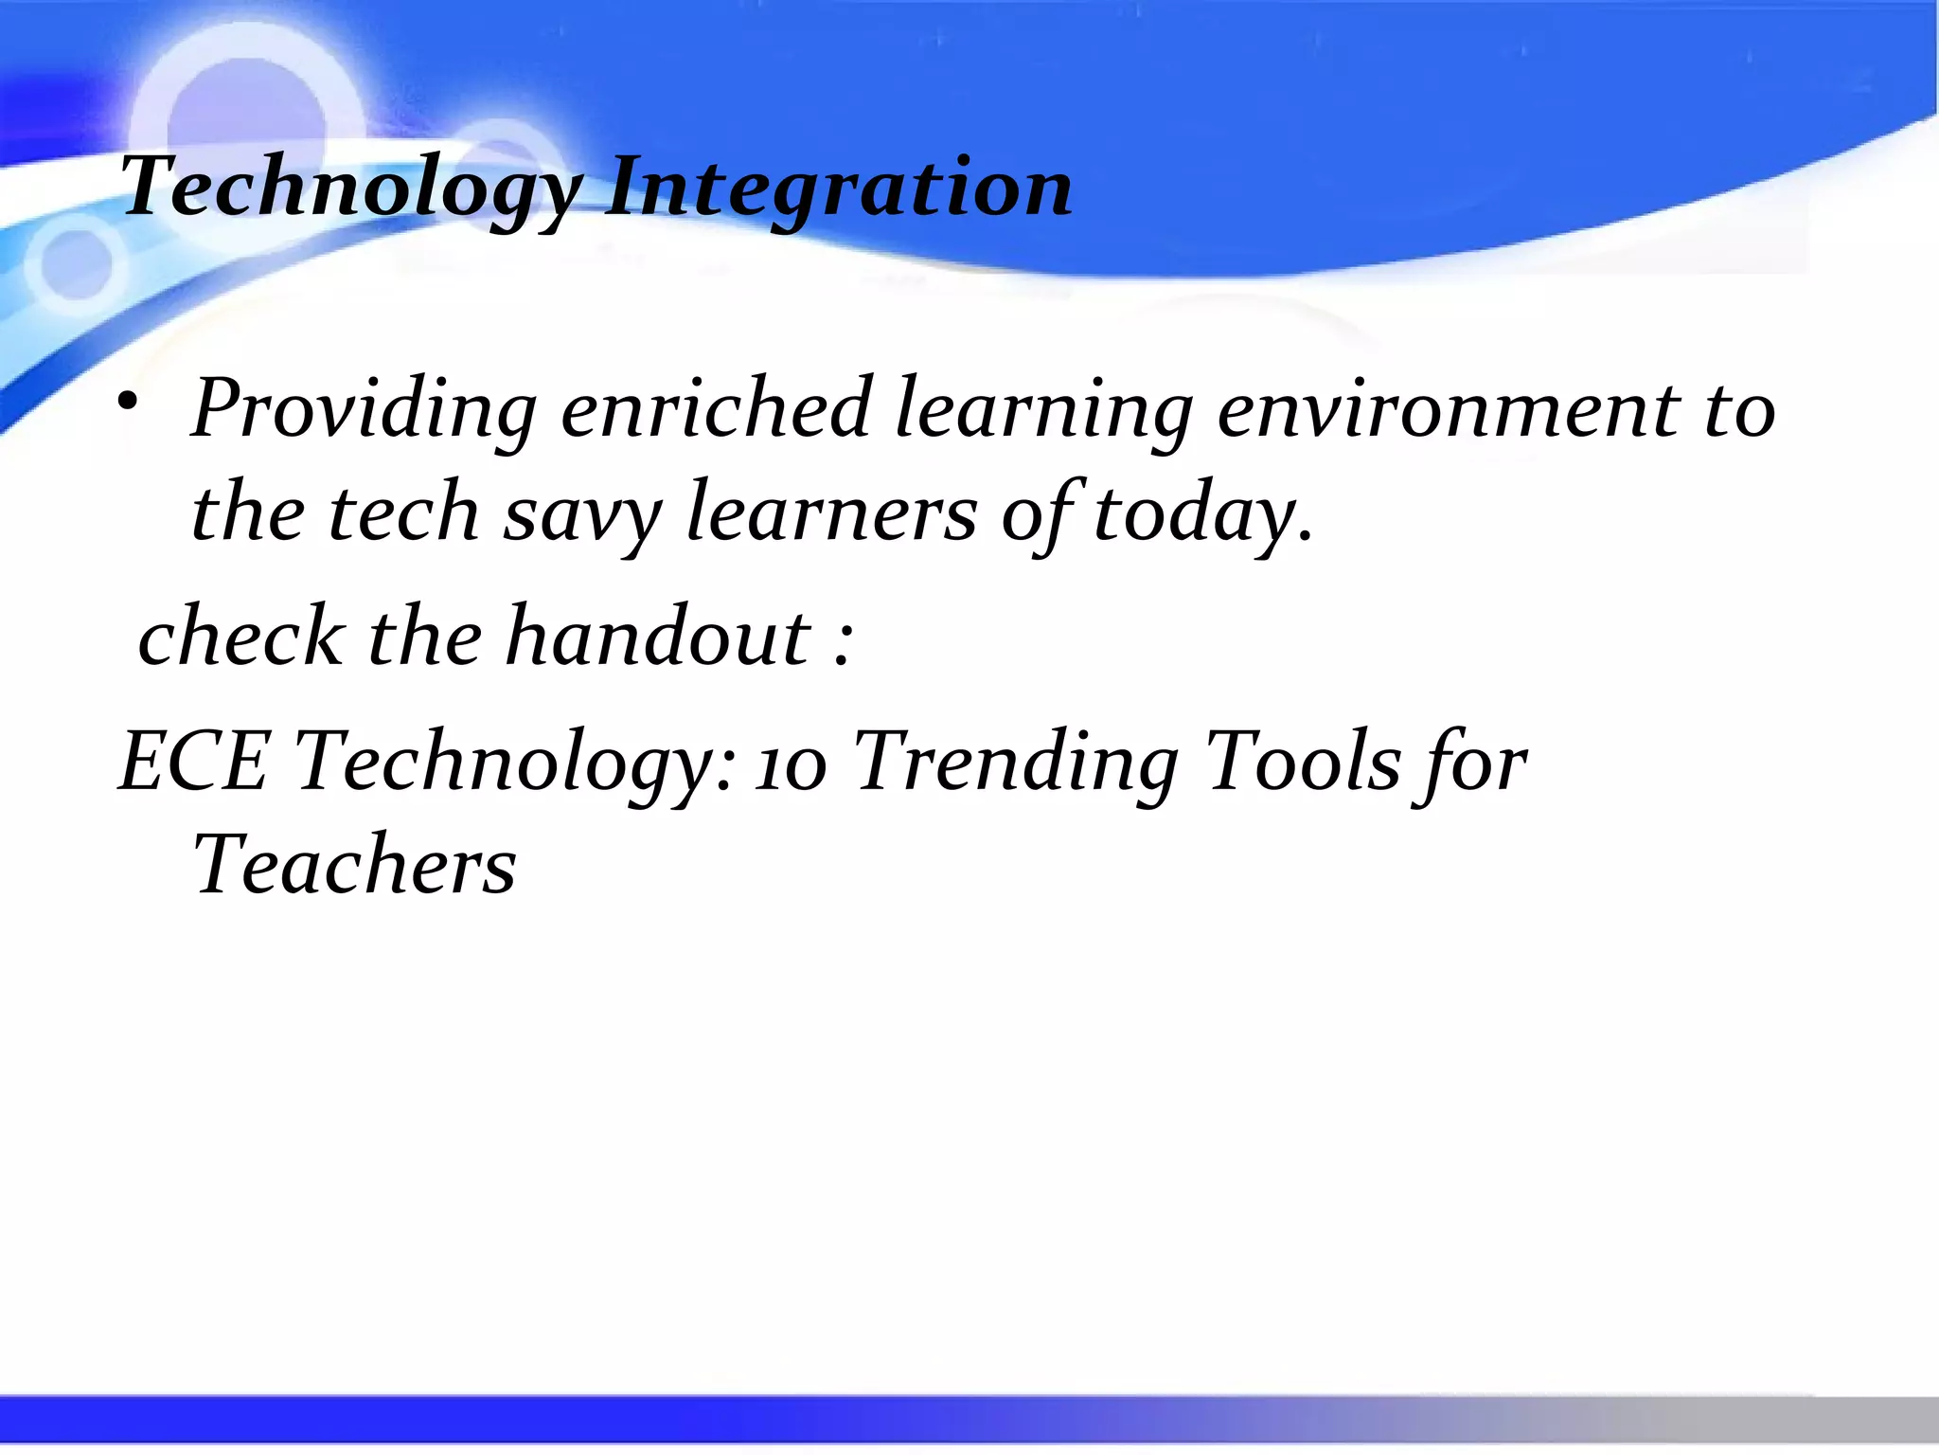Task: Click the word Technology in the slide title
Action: (350, 188)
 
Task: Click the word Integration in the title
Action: (839, 188)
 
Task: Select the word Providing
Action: (365, 409)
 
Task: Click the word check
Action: (240, 637)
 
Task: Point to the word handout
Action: (658, 637)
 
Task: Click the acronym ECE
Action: (194, 761)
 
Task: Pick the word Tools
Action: (1302, 761)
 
